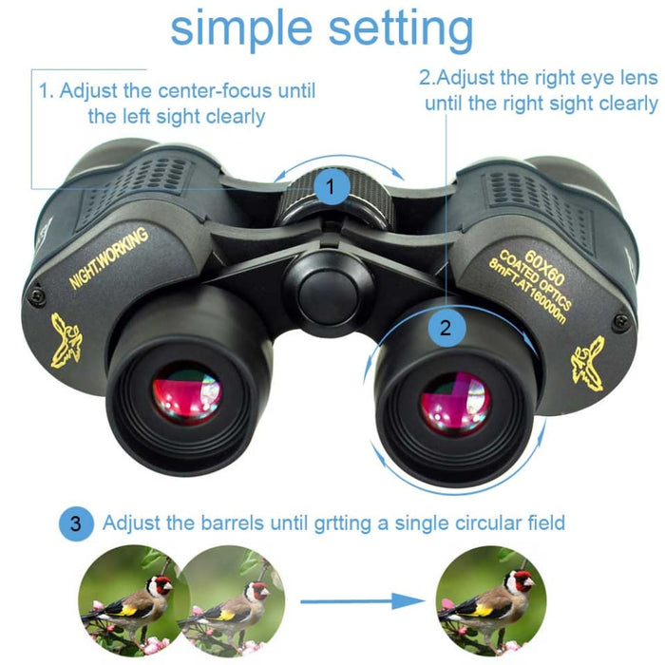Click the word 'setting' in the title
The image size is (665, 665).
coord(400,31)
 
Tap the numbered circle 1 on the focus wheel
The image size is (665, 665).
coord(331,187)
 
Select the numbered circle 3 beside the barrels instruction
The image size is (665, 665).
coord(78,522)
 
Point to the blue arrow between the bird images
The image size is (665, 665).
coord(361,601)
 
